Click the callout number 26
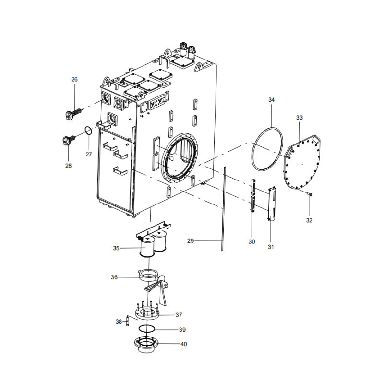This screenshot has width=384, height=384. (x=74, y=79)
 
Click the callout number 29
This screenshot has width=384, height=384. (x=190, y=240)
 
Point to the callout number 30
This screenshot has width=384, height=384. (x=252, y=241)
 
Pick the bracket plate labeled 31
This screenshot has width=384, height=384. (x=272, y=204)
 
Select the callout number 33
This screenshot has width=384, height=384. (x=300, y=117)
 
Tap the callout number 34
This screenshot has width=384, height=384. (x=271, y=100)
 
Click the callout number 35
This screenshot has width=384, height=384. (x=116, y=248)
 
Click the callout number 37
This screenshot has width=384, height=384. (x=179, y=315)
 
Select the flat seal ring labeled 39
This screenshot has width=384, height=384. (x=147, y=329)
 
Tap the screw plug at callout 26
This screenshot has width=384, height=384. (x=72, y=114)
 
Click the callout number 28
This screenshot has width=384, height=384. (x=68, y=166)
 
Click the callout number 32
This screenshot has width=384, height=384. (x=309, y=220)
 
